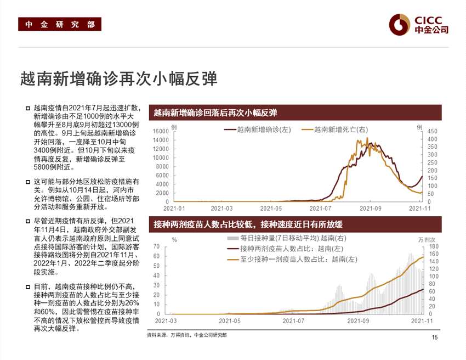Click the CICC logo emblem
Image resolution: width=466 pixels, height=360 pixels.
(399, 24)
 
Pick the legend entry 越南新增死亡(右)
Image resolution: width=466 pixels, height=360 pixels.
(340, 130)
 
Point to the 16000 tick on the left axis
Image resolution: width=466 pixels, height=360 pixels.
(161, 131)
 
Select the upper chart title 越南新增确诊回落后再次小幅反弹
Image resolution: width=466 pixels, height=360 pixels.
(215, 113)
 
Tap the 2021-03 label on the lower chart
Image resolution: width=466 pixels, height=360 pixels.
(166, 321)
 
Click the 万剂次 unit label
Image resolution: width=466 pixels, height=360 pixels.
(426, 240)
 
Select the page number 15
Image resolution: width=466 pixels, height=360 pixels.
(435, 337)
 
